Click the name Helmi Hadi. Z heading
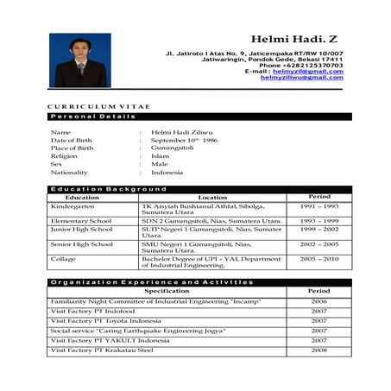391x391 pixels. point(296,40)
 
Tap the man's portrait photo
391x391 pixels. point(80,60)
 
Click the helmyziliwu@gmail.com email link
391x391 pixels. point(301,78)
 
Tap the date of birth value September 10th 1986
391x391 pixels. point(185,139)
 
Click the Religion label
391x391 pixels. point(66,155)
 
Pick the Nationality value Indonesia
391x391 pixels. point(167,172)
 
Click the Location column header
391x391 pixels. point(212,197)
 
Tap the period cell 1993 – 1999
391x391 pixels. point(319,221)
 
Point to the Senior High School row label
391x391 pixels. point(81,244)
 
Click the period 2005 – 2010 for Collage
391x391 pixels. point(319,258)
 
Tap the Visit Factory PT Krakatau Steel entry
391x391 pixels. point(102,350)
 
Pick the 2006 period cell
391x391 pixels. point(319,301)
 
